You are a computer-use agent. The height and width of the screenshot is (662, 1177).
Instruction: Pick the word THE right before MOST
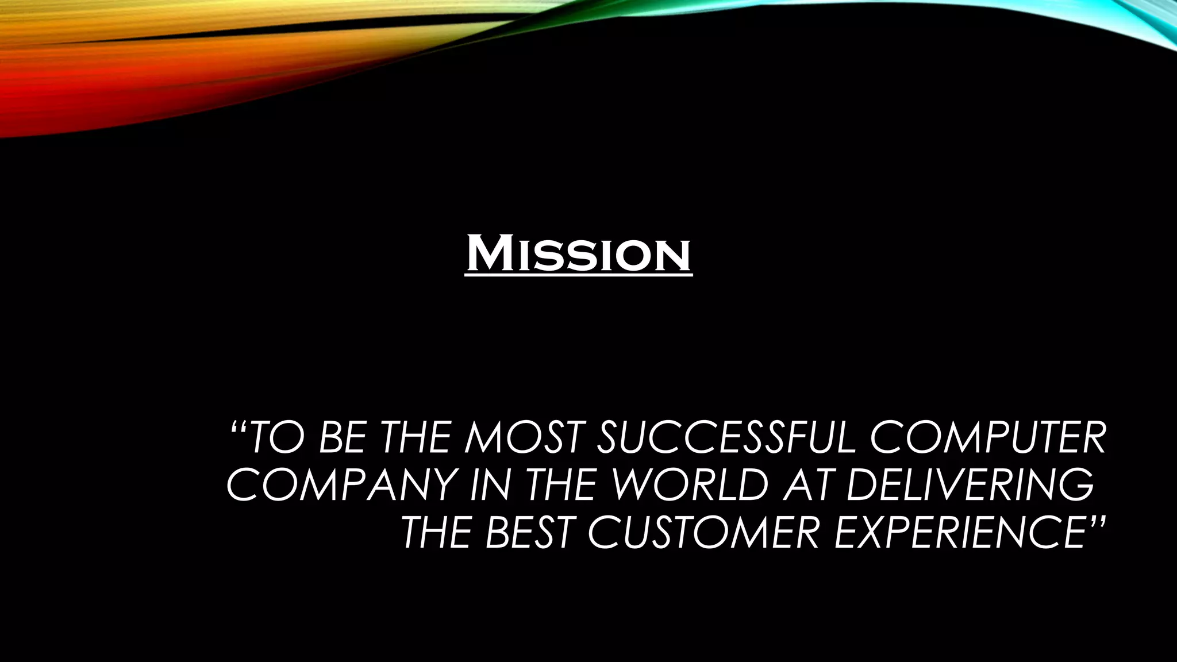point(416,438)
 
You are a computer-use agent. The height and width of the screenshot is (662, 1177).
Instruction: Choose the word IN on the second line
point(490,485)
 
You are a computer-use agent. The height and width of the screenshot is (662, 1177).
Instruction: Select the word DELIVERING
point(970,485)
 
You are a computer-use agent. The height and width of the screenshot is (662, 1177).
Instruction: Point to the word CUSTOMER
point(703,532)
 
